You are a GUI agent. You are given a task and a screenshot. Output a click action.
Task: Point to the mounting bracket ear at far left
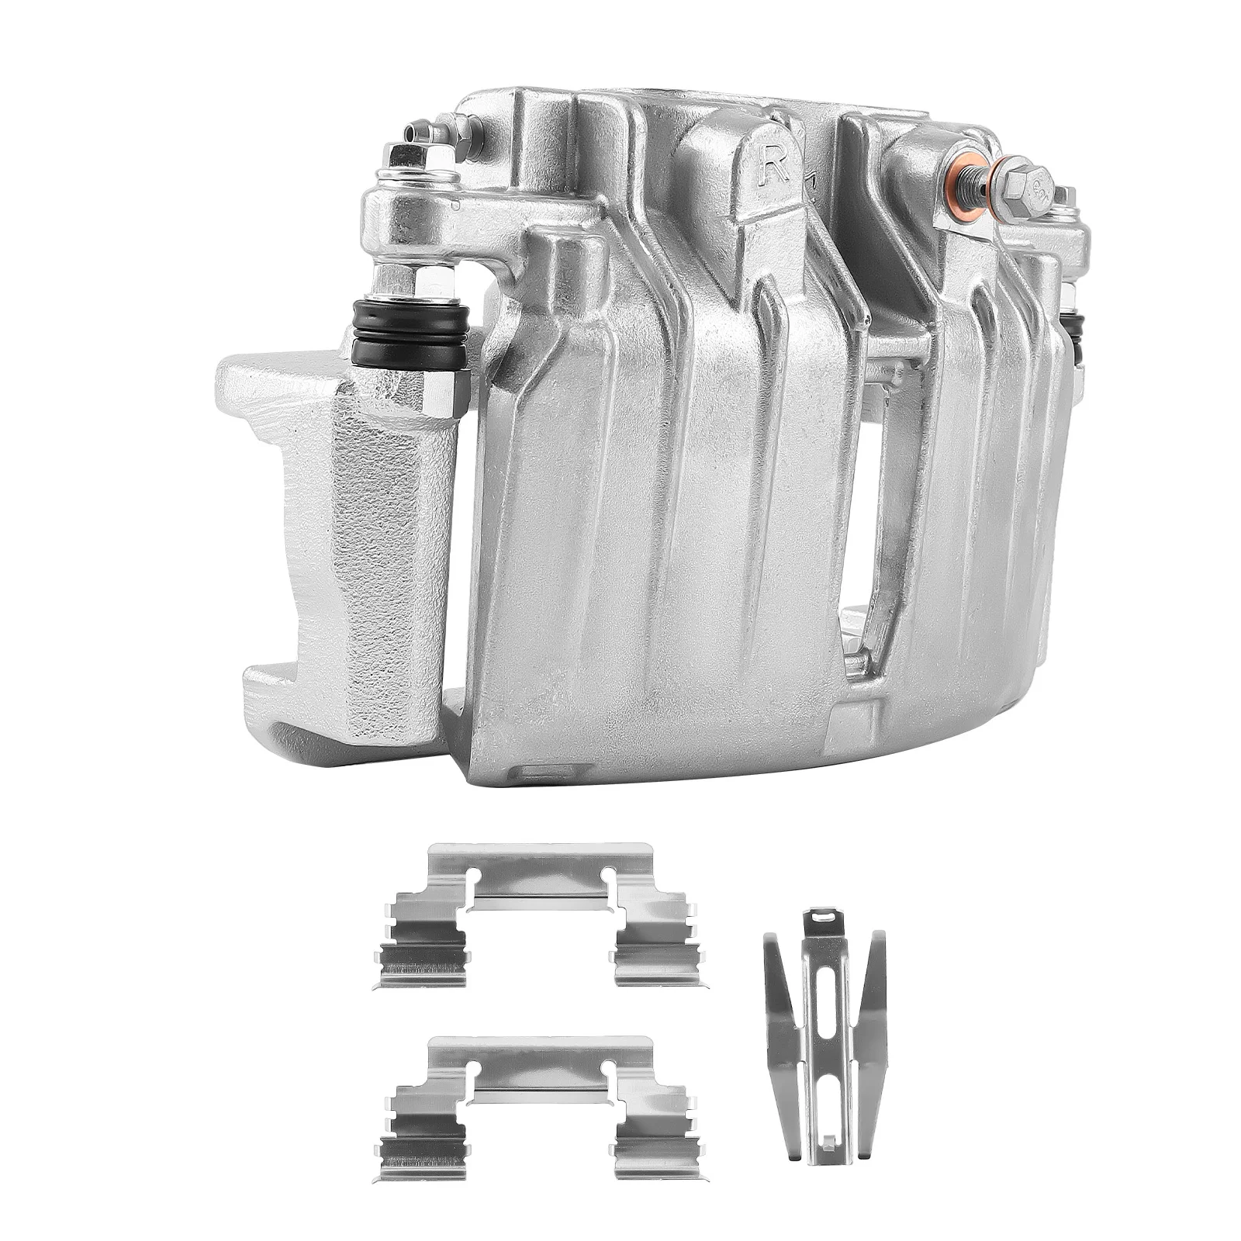[264, 372]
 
